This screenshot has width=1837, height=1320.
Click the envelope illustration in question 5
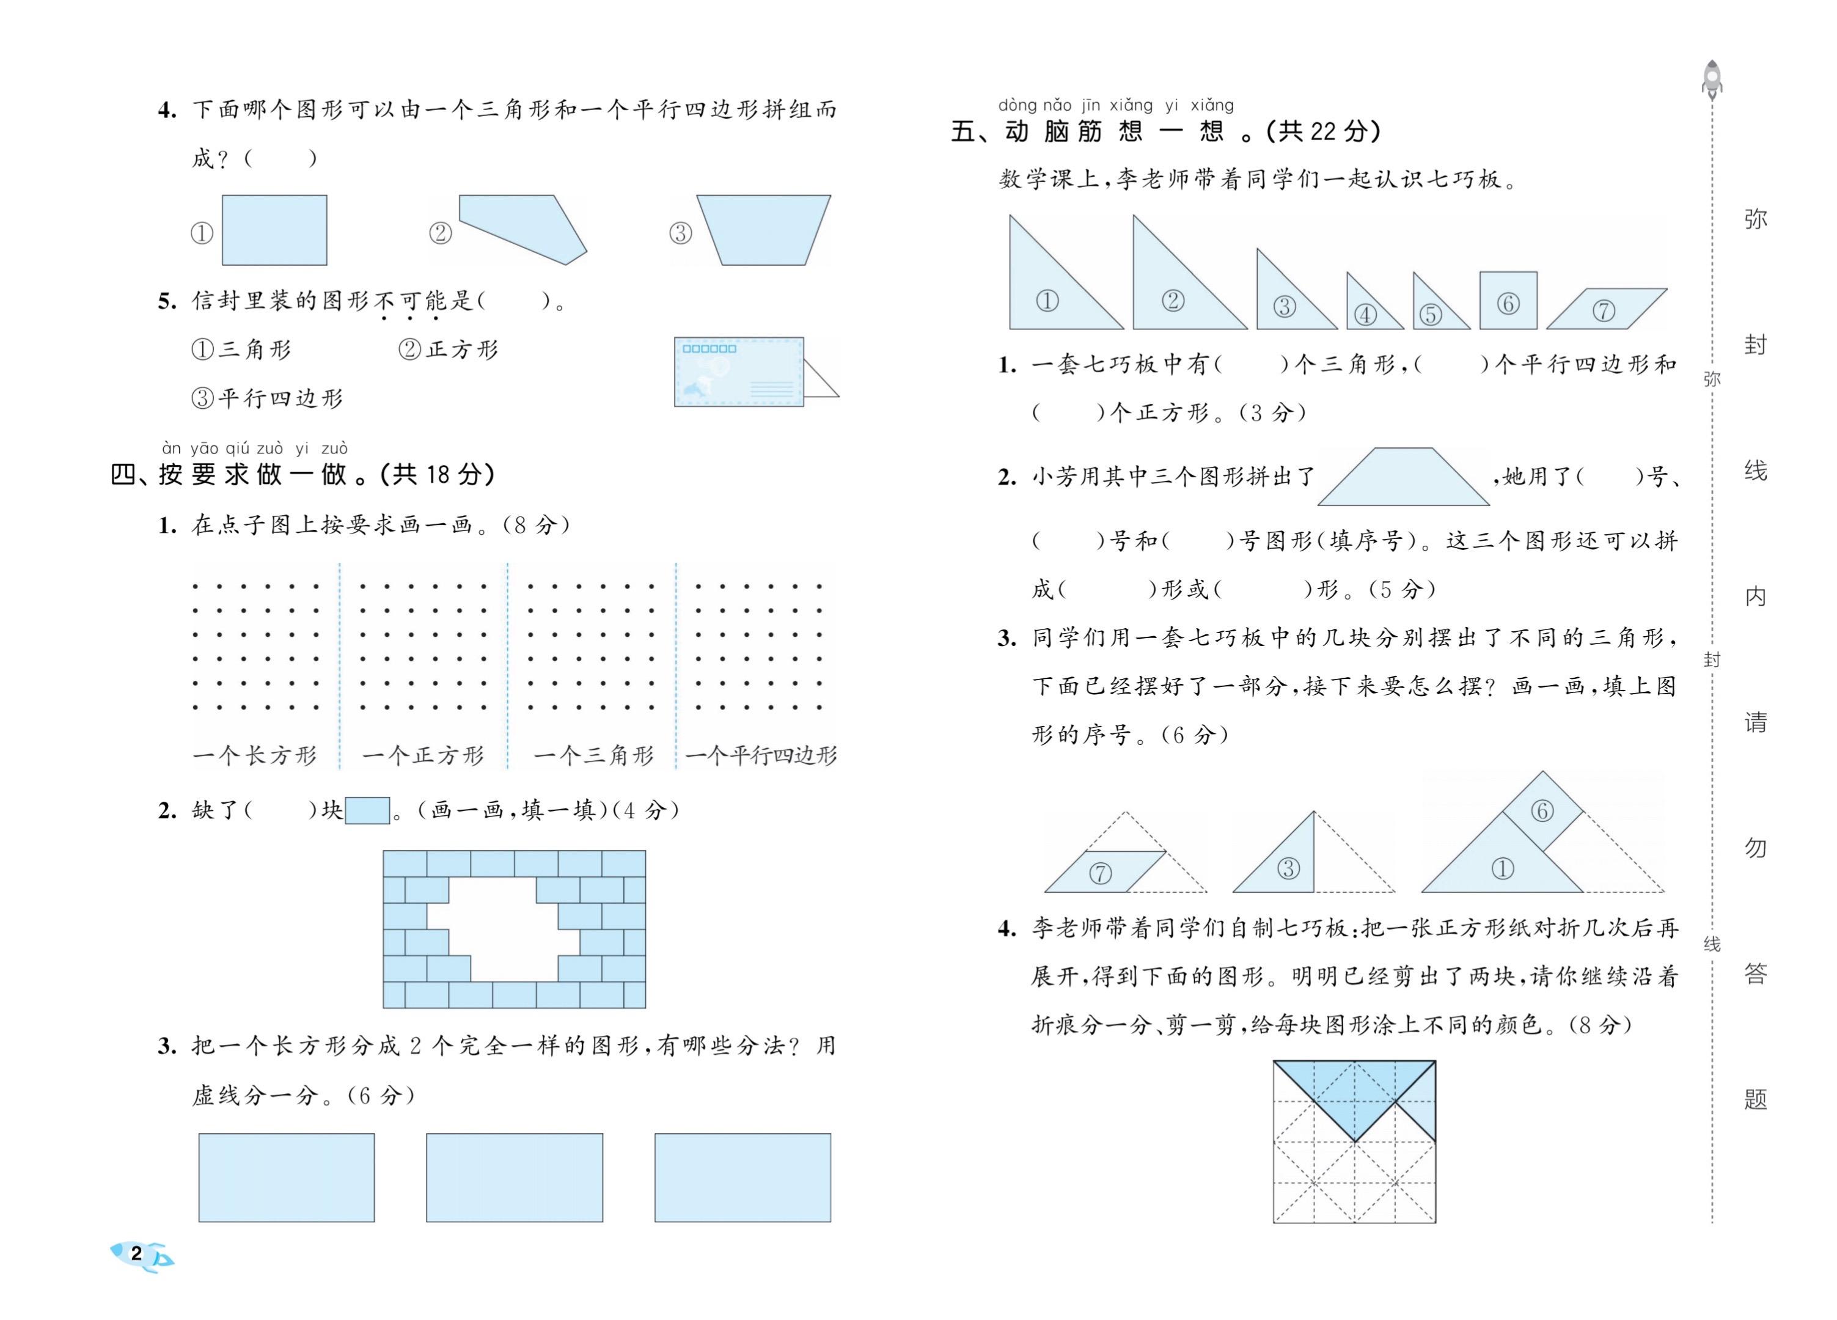[x=739, y=372]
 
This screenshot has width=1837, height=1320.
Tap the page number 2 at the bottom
[x=136, y=1253]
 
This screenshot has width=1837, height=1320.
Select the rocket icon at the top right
[x=1712, y=79]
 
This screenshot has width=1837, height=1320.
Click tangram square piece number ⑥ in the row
[x=1508, y=301]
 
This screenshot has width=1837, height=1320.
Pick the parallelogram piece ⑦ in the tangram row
[x=1605, y=309]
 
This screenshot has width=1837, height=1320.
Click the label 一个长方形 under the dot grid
[x=255, y=755]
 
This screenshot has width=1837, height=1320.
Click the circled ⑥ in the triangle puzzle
[x=1541, y=810]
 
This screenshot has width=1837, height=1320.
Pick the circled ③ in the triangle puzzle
[x=1288, y=869]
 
